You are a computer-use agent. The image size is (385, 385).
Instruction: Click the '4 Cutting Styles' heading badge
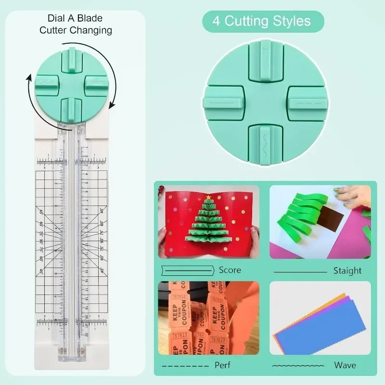[263, 21]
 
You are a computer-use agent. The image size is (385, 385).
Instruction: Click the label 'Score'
[230, 270]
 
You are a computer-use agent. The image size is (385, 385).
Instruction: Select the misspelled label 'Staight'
[347, 270]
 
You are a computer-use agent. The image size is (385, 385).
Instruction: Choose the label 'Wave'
[345, 365]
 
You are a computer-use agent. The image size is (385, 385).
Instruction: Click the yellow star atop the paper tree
[208, 197]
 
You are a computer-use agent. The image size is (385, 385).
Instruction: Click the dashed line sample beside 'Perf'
[183, 366]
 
